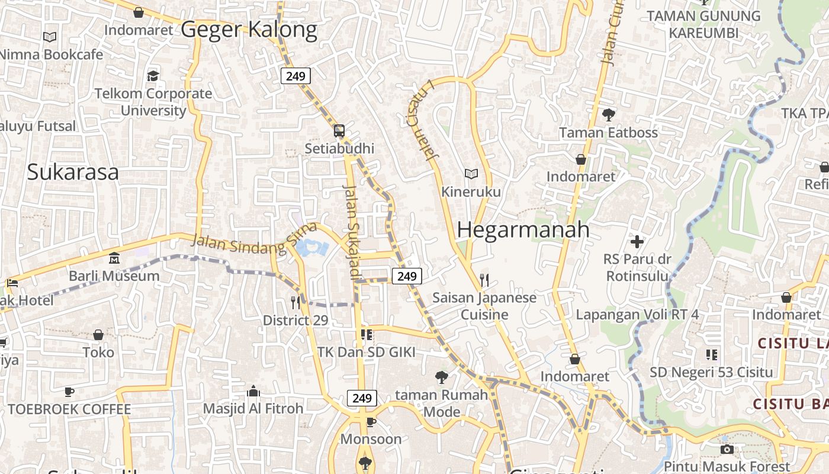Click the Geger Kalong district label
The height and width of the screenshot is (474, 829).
click(x=249, y=29)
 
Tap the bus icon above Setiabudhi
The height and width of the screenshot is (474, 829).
click(x=339, y=131)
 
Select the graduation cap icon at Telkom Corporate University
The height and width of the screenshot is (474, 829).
click(x=153, y=76)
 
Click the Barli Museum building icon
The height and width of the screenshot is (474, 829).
click(x=114, y=258)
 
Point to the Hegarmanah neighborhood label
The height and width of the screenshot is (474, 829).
click(x=523, y=230)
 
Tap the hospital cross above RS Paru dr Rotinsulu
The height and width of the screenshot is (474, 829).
click(x=637, y=242)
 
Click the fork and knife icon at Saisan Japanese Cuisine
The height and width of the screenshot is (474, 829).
click(x=484, y=280)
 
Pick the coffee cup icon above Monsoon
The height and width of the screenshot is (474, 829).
click(x=371, y=422)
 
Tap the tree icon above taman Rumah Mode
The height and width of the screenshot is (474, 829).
click(x=441, y=377)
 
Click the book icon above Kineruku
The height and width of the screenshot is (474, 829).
click(x=471, y=174)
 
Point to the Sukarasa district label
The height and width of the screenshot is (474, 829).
click(x=73, y=172)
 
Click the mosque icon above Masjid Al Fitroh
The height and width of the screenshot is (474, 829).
click(x=253, y=391)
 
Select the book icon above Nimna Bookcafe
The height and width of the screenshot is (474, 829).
click(x=50, y=37)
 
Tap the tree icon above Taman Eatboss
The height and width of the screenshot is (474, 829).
click(x=608, y=115)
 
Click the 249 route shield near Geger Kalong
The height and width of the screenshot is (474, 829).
click(x=295, y=76)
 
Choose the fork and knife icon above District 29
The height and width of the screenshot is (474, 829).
click(x=295, y=303)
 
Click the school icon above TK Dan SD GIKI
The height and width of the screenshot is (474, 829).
click(x=367, y=335)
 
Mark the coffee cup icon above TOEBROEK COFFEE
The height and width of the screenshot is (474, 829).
click(x=69, y=392)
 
